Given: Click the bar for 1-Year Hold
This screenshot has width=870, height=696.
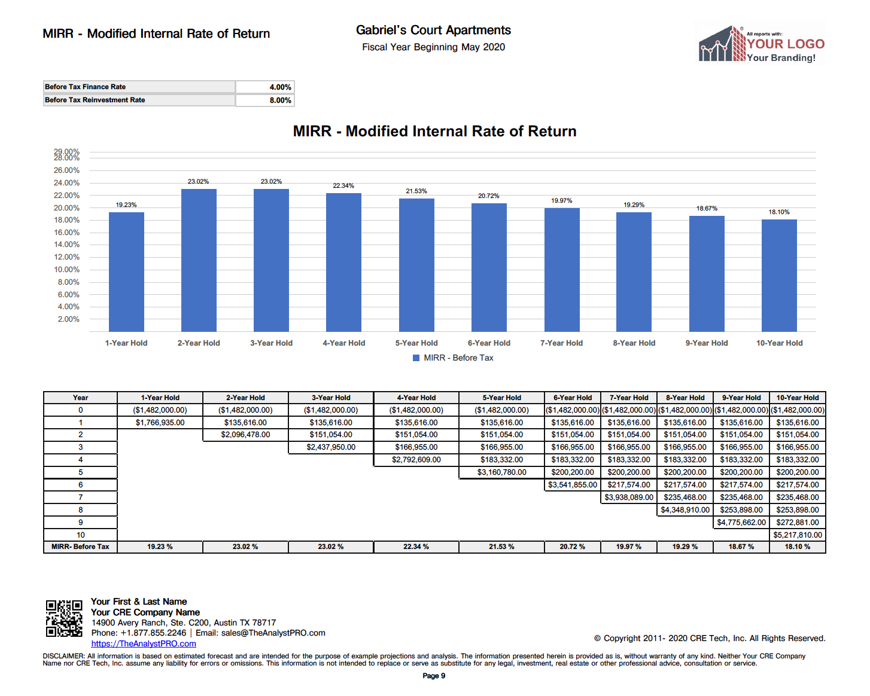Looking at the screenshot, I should click(126, 272).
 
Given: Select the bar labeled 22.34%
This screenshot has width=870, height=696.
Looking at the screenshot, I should click(343, 262).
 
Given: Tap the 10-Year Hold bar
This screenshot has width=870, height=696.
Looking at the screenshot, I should click(779, 276).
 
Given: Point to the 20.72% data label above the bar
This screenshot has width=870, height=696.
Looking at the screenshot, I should click(488, 196).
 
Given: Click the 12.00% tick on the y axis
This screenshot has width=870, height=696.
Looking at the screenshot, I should click(66, 257).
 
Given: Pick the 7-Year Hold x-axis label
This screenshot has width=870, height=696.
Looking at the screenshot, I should click(561, 343).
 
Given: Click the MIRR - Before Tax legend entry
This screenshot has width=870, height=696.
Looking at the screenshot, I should click(453, 358).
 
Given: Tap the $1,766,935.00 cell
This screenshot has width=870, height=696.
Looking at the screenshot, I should click(160, 423).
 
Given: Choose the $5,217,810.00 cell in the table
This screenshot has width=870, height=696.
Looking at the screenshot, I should click(798, 535).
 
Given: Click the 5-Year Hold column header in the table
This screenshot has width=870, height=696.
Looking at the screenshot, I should click(501, 398).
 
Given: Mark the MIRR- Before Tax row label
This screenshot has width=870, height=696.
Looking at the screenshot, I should click(80, 547).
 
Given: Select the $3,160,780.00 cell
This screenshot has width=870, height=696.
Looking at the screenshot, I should click(501, 472).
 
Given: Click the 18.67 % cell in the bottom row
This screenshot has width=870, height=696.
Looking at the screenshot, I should click(741, 547).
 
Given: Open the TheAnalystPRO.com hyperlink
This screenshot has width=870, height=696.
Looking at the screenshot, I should click(144, 644).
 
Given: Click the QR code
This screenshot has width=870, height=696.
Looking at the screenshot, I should click(64, 618).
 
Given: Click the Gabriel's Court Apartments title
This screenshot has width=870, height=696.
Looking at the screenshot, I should click(433, 30).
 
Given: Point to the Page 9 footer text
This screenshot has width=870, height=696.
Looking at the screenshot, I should click(434, 676).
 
